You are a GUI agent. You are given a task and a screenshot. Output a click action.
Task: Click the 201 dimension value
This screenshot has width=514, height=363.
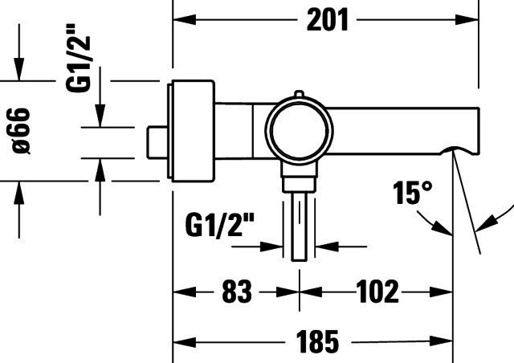tap(327, 20)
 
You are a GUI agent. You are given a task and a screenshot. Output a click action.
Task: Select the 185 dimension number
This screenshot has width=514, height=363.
tap(317, 341)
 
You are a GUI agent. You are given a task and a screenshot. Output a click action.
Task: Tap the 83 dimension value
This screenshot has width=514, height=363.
tap(237, 292)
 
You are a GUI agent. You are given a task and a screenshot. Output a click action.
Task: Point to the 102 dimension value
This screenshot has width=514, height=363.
tap(377, 292)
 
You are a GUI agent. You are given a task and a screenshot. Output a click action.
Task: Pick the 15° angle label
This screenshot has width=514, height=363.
tap(412, 193)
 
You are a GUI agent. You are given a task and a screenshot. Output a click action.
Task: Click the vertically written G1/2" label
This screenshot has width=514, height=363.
tap(78, 58)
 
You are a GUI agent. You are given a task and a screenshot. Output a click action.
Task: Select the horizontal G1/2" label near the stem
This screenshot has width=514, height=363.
tap(219, 225)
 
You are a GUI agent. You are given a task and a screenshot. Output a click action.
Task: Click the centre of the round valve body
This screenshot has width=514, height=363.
tap(299, 131)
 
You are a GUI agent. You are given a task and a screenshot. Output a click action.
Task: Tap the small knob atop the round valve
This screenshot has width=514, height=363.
tap(299, 94)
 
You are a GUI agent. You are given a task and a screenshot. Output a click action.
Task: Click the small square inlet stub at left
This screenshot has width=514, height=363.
tap(157, 142)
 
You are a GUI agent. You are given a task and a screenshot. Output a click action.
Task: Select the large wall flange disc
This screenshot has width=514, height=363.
tap(191, 131)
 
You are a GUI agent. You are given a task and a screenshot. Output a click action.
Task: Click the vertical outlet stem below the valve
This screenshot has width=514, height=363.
tap(299, 226)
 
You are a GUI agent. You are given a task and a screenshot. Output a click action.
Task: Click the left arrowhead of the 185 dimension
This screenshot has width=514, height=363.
tap(184, 342)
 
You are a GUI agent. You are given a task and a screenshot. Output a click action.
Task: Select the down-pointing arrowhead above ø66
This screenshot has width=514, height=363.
tap(19, 69)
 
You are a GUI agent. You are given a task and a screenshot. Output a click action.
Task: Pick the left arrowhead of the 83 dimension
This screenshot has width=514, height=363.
tap(184, 292)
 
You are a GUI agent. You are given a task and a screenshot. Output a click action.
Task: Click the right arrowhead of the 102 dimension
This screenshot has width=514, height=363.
tap(441, 292)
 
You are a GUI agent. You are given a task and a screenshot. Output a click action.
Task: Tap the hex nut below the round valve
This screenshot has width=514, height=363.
tap(299, 184)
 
